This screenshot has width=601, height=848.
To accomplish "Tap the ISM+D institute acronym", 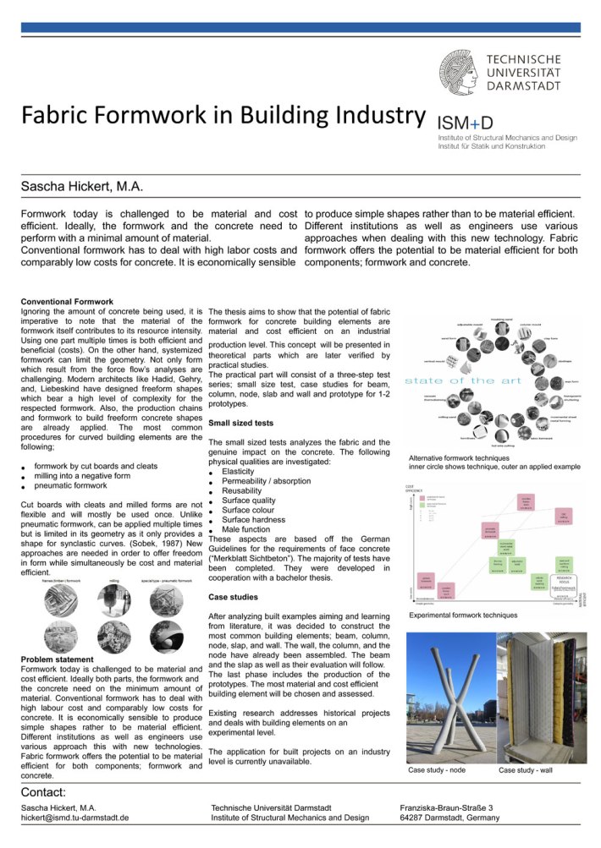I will tap(462, 120).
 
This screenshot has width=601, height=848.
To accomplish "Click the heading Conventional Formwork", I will tap(67, 302).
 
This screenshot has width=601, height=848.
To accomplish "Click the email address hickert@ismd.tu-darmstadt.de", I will tap(74, 818).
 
